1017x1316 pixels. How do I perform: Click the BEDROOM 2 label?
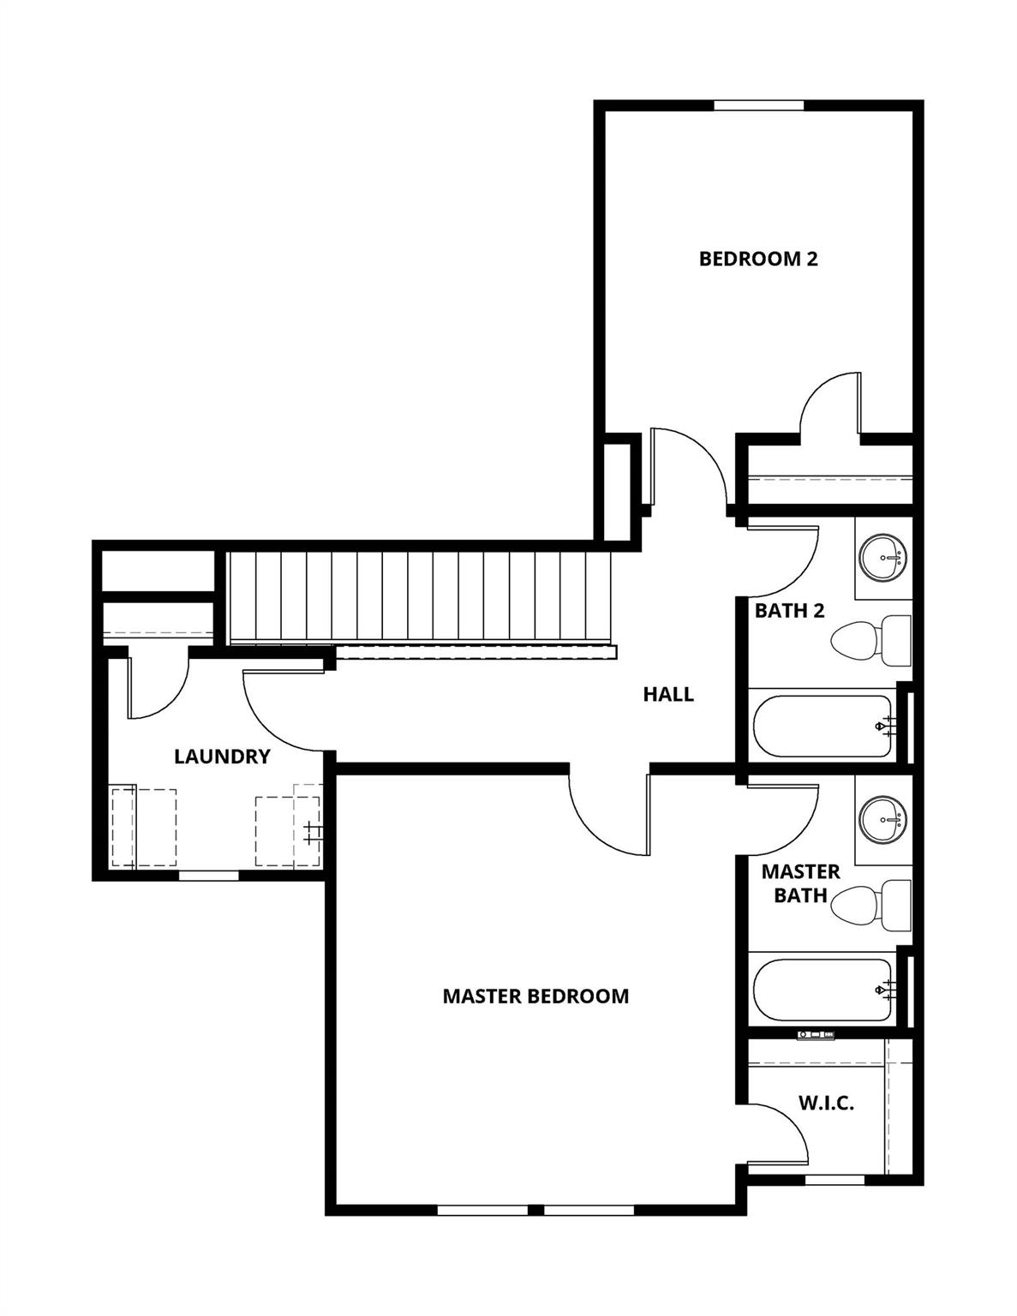pyautogui.click(x=758, y=258)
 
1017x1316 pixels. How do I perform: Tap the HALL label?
pyautogui.click(x=668, y=694)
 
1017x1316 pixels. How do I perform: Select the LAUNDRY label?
pyautogui.click(x=222, y=757)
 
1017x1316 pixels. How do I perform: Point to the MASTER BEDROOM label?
pyautogui.click(x=535, y=996)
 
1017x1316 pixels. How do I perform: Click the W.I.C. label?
pyautogui.click(x=826, y=1103)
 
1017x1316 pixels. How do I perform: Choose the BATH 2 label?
pyautogui.click(x=789, y=611)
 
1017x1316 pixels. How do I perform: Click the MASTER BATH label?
pyautogui.click(x=800, y=883)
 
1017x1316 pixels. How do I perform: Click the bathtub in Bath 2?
pyautogui.click(x=823, y=726)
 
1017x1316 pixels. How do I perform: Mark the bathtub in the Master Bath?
pyautogui.click(x=823, y=990)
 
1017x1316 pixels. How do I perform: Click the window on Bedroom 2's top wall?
pyautogui.click(x=758, y=105)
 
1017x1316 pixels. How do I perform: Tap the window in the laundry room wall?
pyautogui.click(x=208, y=875)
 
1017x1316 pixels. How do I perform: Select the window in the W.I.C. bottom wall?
pyautogui.click(x=835, y=1180)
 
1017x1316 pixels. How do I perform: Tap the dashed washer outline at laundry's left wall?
pyautogui.click(x=144, y=828)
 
